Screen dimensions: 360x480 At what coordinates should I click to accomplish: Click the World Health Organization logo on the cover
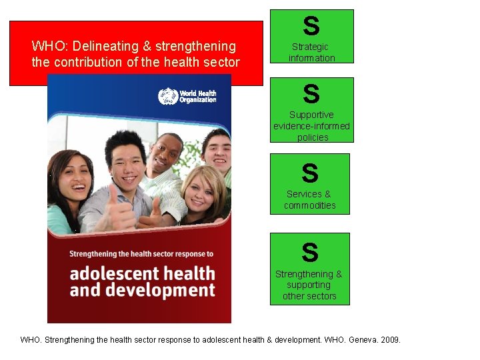click(187, 96)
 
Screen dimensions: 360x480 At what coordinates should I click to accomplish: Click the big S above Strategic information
click(311, 27)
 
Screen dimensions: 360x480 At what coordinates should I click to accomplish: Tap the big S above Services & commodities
click(309, 173)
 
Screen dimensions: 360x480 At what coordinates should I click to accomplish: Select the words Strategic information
click(311, 53)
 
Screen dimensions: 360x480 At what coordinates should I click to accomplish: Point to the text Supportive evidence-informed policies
click(311, 126)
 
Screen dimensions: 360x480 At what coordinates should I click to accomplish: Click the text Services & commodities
click(309, 199)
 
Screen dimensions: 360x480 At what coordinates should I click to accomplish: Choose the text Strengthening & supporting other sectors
click(309, 285)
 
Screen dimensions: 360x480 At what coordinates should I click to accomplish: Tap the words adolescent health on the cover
click(142, 273)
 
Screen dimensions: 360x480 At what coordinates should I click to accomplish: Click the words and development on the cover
click(142, 290)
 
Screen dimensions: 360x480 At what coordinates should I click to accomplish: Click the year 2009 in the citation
click(389, 340)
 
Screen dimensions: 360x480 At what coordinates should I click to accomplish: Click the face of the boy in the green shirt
click(217, 151)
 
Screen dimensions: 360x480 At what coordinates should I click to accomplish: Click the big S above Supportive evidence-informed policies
click(311, 94)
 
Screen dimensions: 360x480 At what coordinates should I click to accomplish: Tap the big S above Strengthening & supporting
click(309, 253)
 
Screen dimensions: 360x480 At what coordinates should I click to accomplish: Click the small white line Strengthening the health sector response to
click(141, 253)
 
